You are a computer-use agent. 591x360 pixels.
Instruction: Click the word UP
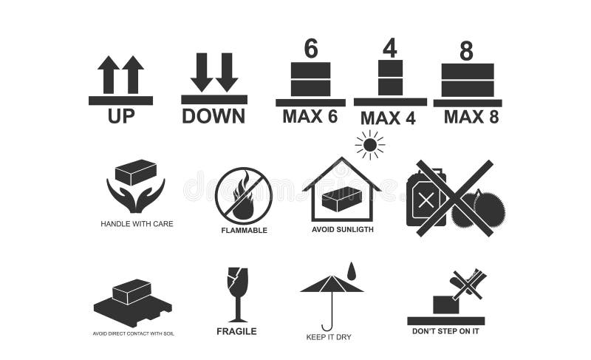(121, 116)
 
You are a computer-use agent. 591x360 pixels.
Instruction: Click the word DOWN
(213, 116)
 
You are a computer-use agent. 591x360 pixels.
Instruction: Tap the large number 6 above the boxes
(311, 49)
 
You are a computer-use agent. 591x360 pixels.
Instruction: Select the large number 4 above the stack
(389, 47)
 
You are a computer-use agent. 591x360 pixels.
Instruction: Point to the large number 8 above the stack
(466, 52)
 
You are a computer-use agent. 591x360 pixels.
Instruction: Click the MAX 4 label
(389, 118)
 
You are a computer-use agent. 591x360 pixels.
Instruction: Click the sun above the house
(369, 144)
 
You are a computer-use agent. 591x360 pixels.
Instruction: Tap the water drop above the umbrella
(351, 271)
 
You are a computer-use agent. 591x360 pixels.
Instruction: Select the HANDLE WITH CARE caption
(137, 223)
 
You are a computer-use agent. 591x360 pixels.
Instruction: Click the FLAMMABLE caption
(244, 230)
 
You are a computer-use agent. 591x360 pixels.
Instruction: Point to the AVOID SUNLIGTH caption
(342, 229)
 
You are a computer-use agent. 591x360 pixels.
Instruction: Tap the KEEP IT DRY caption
(329, 337)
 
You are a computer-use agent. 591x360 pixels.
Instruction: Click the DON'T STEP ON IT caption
(445, 330)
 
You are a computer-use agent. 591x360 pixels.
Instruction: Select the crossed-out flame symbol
(243, 196)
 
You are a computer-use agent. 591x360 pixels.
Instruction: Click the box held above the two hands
(136, 172)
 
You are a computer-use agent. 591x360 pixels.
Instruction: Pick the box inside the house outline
(341, 199)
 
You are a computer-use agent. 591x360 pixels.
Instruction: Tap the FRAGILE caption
(236, 331)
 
